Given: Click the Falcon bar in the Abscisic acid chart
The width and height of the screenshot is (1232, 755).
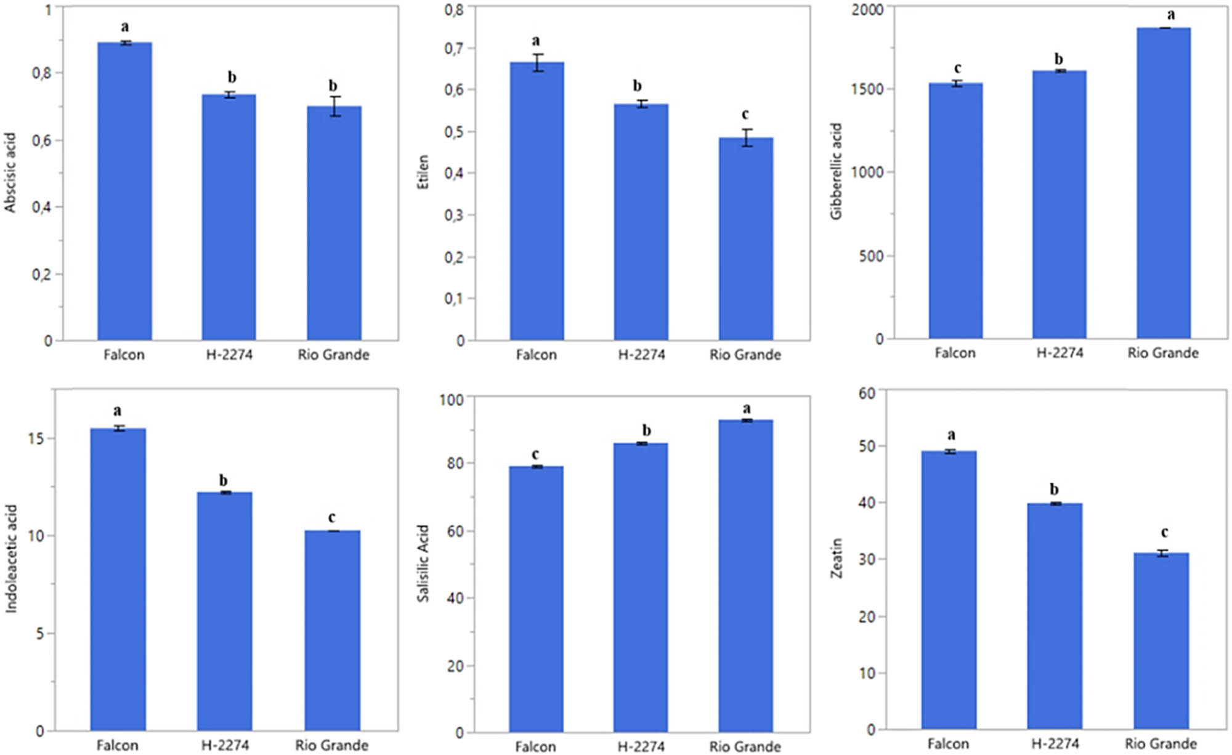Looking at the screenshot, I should point(124,191).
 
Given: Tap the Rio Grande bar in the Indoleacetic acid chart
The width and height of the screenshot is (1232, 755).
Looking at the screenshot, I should point(332,631).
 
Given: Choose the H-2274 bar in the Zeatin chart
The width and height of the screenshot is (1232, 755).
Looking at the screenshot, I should point(1055,616).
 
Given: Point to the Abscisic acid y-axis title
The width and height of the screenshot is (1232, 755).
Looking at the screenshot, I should point(10,173).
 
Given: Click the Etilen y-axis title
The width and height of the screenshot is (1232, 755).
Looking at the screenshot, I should point(423,172).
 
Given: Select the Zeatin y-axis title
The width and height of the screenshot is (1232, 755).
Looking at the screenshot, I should point(836,558).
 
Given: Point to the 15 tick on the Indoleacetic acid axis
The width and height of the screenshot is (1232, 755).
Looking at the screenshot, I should point(36,438).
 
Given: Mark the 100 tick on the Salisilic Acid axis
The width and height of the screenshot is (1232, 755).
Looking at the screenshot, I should point(451,400).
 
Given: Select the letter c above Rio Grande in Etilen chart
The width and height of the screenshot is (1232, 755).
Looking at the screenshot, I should point(745,115).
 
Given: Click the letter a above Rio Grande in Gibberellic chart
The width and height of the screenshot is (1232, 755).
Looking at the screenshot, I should point(1171,15).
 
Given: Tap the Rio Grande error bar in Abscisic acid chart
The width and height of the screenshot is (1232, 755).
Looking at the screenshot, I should point(334,107).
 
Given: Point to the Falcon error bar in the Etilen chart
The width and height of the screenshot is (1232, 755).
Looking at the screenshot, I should point(538,63).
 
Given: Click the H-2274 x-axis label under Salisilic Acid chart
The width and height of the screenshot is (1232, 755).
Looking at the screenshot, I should point(641,746).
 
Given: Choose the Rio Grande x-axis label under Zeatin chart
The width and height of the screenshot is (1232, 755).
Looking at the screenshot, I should point(1161,743).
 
